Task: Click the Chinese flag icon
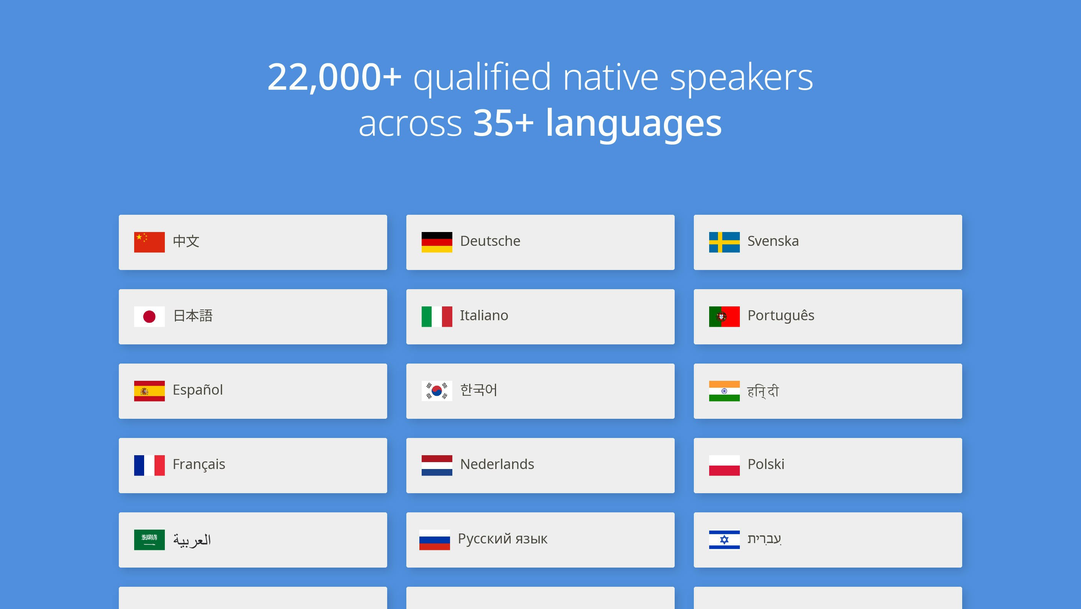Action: [149, 242]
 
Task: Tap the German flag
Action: [437, 242]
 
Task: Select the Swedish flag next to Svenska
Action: [724, 242]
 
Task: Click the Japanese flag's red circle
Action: [149, 316]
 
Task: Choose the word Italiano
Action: [484, 315]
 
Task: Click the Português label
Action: [781, 315]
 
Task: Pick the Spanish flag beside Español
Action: [149, 391]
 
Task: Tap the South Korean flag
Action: [437, 391]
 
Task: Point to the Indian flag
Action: [724, 391]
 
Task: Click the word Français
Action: [199, 464]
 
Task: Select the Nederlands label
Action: [497, 464]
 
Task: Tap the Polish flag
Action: [724, 466]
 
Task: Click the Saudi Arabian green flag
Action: [149, 540]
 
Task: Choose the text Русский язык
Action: [503, 539]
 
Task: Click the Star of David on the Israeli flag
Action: [724, 540]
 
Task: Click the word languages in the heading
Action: [634, 123]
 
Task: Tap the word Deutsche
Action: [490, 241]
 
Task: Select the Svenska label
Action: [773, 241]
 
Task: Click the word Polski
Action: [766, 464]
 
